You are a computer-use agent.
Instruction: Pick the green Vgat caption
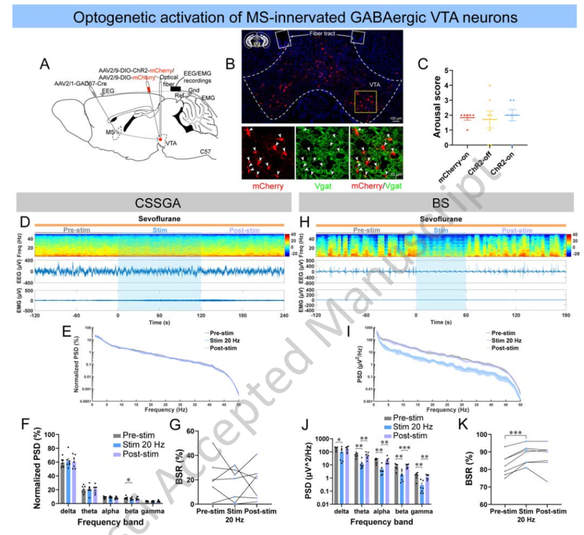click(x=322, y=188)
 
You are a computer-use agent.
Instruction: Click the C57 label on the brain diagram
click(x=205, y=152)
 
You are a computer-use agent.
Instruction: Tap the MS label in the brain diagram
click(x=109, y=132)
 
